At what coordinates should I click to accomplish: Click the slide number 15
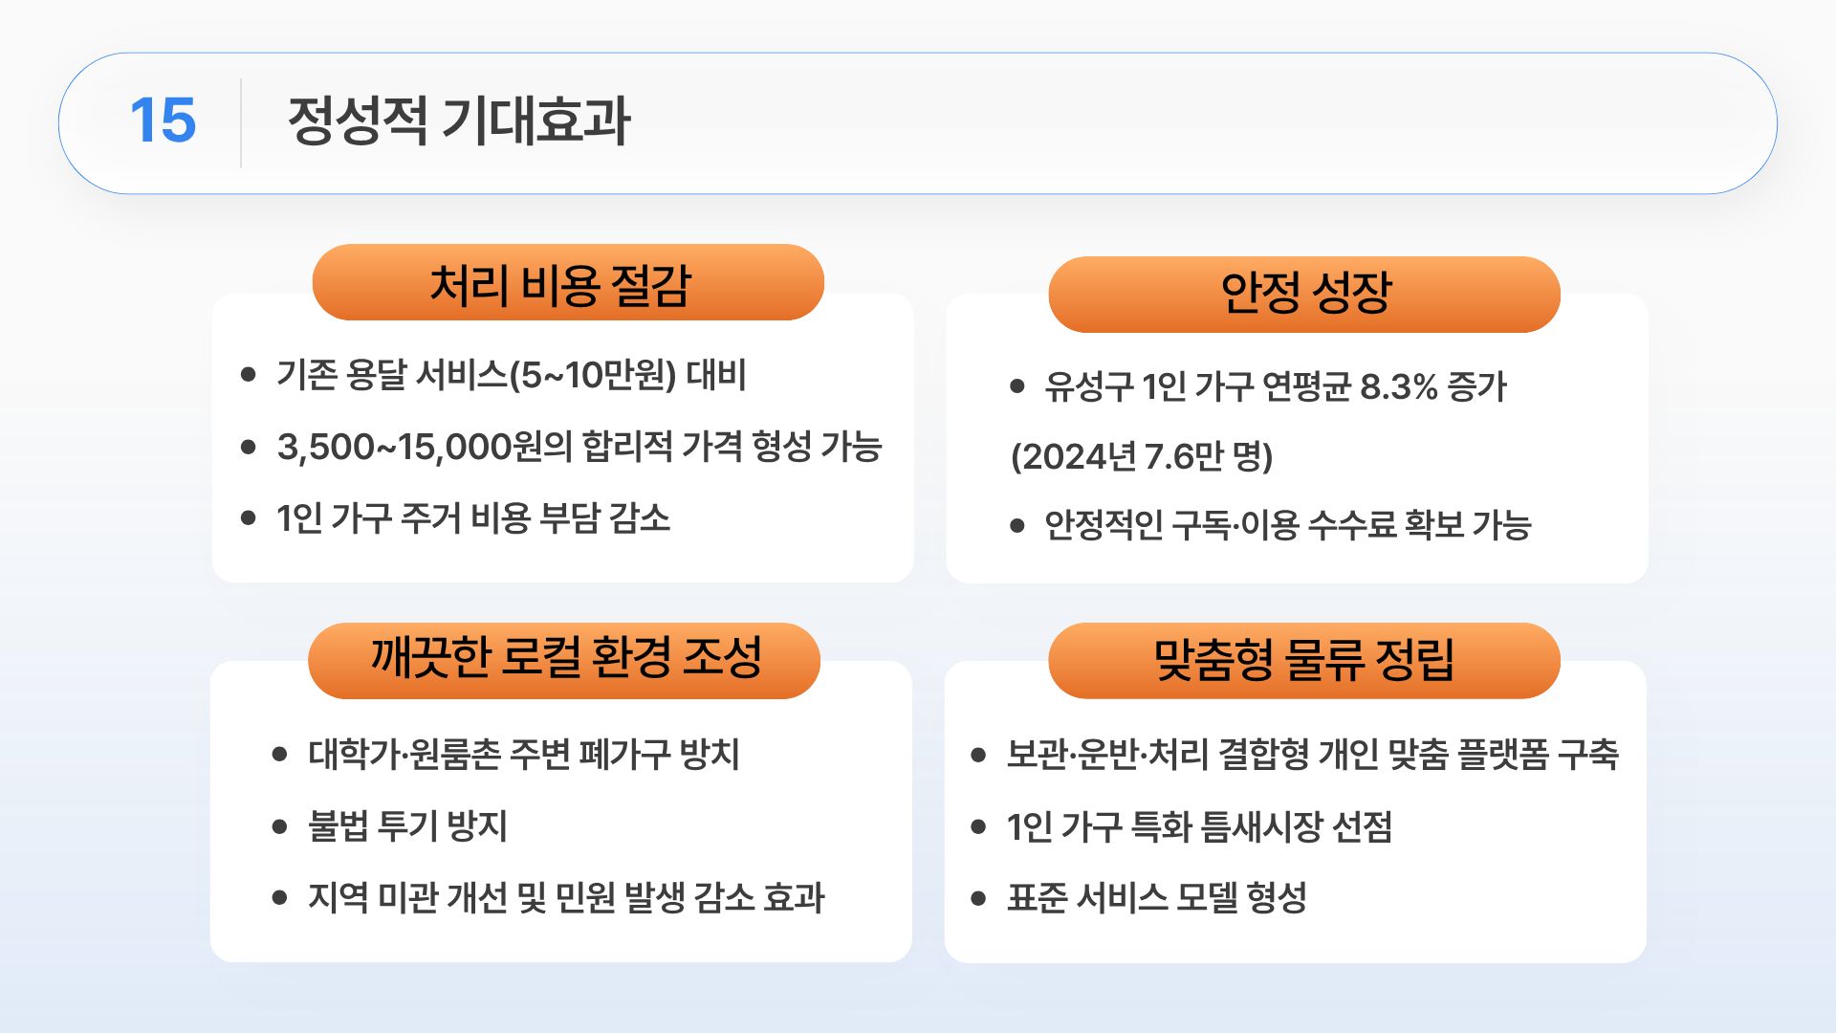163,121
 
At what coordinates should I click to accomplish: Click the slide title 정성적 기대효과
458,121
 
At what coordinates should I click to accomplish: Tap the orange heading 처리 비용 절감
560,284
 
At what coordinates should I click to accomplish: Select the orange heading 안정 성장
1305,293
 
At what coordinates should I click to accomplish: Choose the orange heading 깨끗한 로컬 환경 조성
566,658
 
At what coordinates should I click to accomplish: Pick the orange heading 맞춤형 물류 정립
1304,659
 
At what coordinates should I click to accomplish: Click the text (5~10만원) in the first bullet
593,375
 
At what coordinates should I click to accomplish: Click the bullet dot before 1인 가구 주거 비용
249,518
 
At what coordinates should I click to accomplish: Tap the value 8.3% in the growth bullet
1398,387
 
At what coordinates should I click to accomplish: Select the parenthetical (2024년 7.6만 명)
1142,456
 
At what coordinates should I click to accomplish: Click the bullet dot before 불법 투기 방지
279,826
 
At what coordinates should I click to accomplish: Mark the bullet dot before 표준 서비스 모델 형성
977,898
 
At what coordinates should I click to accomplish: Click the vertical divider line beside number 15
241,123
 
